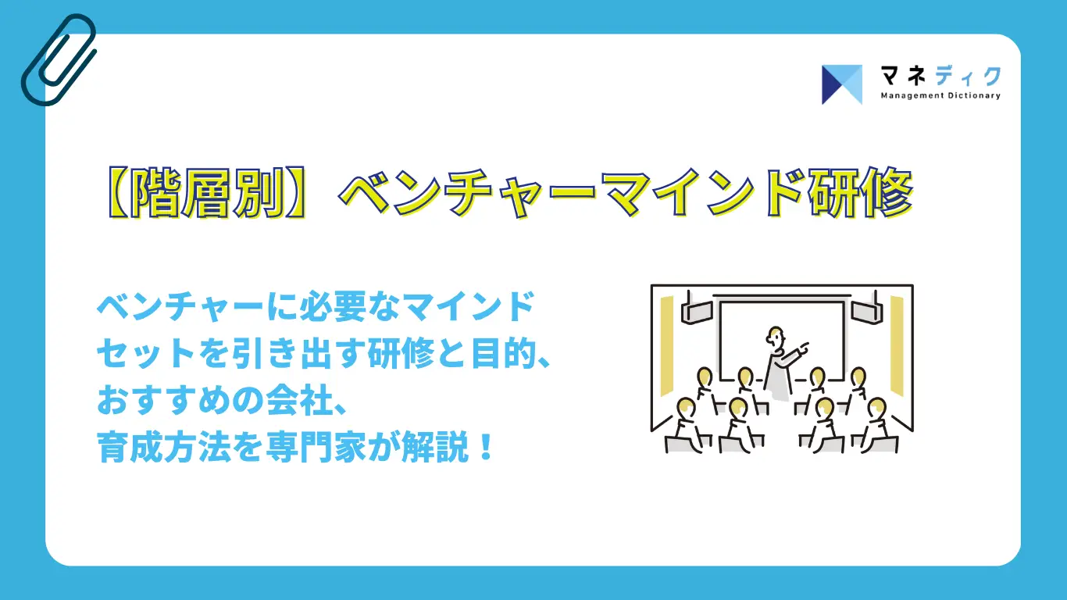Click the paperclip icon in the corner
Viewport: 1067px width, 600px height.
click(x=58, y=59)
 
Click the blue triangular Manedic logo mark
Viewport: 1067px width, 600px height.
click(x=841, y=84)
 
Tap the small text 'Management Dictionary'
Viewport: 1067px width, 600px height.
click(x=940, y=95)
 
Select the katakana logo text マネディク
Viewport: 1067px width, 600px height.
click(x=940, y=76)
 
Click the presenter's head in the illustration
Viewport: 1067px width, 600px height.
click(x=775, y=336)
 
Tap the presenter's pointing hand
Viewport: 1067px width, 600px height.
click(x=804, y=345)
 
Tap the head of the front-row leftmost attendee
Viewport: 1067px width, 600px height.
click(x=686, y=407)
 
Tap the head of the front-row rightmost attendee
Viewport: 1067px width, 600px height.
click(x=876, y=407)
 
